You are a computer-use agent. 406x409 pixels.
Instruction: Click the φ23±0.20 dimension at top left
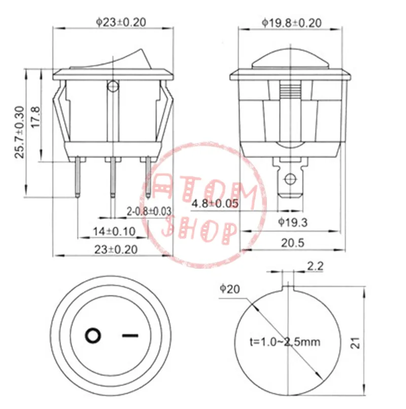click(121, 22)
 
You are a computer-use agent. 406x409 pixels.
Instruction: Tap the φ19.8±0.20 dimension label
click(292, 23)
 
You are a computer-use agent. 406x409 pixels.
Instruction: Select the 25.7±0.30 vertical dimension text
click(20, 132)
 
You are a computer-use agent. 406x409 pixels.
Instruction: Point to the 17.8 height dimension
click(36, 117)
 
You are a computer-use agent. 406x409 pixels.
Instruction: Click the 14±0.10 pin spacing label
click(114, 231)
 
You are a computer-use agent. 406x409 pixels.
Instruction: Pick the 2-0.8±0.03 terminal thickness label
click(149, 211)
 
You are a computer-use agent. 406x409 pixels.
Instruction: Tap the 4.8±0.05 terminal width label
click(215, 203)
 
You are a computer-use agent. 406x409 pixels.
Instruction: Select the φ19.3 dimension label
click(293, 223)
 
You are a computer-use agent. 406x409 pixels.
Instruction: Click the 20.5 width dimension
click(293, 243)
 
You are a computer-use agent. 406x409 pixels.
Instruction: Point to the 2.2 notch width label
click(315, 266)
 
